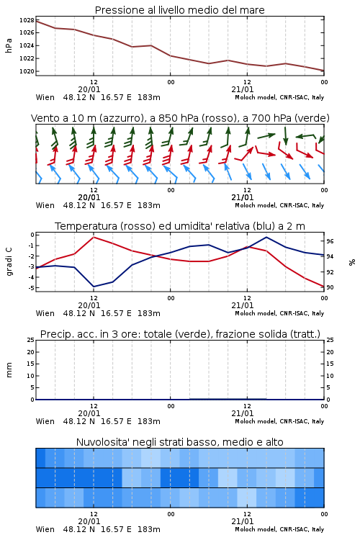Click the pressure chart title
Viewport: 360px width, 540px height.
tap(179, 10)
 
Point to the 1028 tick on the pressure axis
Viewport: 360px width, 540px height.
tap(27, 20)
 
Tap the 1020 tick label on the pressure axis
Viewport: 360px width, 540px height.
tap(27, 71)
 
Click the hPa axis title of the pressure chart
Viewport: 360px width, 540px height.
tap(9, 45)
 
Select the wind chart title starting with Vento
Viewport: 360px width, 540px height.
tap(180, 118)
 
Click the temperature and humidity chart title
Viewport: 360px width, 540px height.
tap(180, 226)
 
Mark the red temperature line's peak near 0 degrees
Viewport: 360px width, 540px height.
tap(94, 238)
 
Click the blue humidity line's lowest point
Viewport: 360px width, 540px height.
tap(94, 287)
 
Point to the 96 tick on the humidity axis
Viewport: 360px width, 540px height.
tap(330, 241)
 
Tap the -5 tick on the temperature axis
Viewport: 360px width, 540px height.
tap(32, 287)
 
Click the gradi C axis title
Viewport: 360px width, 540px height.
tap(9, 262)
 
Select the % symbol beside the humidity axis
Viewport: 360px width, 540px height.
tap(352, 262)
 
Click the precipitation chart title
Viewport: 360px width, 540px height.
tap(180, 334)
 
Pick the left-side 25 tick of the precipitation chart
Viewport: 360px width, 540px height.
tap(31, 340)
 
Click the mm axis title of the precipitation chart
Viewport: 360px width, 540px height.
tap(9, 370)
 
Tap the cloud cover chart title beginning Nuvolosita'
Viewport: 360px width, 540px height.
tap(179, 442)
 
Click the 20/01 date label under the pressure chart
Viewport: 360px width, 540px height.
tap(89, 89)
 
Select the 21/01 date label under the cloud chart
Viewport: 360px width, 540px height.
tap(243, 521)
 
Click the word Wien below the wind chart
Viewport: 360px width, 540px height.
tap(45, 205)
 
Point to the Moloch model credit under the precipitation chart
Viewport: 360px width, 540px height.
tap(279, 421)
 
